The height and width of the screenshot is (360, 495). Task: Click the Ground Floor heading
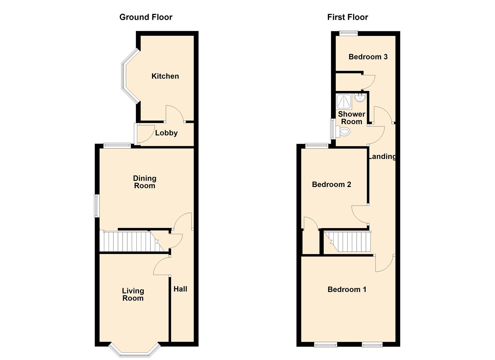(x=146, y=17)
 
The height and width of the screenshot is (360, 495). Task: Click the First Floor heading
(x=347, y=17)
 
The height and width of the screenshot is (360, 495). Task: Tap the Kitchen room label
(x=165, y=76)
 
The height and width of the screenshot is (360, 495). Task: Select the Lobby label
(x=166, y=133)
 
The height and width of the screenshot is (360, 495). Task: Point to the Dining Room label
(x=145, y=182)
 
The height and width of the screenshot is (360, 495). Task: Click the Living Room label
(x=133, y=295)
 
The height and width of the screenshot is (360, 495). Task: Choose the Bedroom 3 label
(x=368, y=57)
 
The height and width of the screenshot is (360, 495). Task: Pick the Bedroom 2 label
(x=331, y=185)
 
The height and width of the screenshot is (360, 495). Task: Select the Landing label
(x=382, y=156)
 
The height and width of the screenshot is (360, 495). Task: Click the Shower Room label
(x=351, y=118)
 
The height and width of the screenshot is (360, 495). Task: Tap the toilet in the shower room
(x=343, y=132)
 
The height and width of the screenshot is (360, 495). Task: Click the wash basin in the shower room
(x=360, y=98)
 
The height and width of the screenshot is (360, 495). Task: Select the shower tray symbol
(x=344, y=102)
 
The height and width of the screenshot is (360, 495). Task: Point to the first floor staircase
(x=349, y=242)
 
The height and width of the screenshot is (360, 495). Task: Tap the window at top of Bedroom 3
(x=348, y=33)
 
